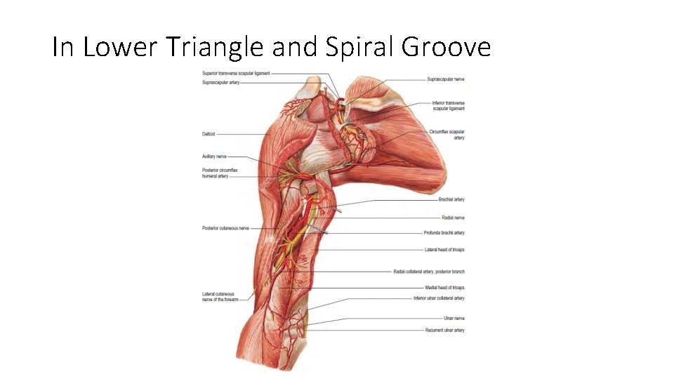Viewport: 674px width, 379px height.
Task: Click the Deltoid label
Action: click(209, 134)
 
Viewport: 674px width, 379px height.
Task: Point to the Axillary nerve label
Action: click(214, 157)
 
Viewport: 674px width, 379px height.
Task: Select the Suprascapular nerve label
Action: click(445, 79)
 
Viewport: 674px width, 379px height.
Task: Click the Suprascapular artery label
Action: click(220, 82)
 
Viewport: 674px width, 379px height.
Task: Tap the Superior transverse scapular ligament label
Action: click(235, 73)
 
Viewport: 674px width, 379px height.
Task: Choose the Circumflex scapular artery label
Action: click(447, 135)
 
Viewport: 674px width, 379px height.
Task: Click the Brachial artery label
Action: click(451, 200)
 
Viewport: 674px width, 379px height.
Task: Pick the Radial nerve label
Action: click(453, 218)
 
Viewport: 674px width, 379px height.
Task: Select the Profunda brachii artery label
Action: click(444, 233)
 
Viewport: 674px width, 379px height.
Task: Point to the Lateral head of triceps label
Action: click(444, 250)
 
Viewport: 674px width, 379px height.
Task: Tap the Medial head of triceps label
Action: click(444, 288)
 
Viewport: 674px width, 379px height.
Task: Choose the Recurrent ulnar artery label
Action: click(444, 330)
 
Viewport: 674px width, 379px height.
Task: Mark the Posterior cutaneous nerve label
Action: click(225, 228)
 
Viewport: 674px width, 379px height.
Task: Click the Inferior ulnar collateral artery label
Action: click(439, 298)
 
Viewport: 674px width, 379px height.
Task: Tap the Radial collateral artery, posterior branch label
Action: click(428, 272)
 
